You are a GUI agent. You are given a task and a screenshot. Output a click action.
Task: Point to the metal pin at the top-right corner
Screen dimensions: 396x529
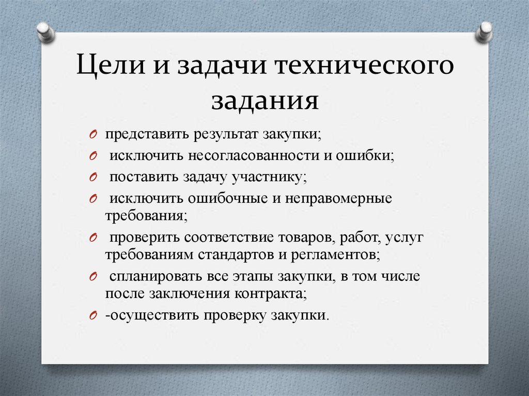click(x=485, y=31)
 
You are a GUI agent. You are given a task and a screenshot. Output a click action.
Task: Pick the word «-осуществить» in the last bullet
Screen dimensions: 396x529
click(x=139, y=315)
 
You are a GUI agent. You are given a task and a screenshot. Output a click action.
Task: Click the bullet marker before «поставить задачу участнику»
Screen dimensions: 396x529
click(x=92, y=177)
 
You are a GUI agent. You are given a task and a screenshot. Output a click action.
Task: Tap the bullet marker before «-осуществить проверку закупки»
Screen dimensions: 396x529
click(x=92, y=316)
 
